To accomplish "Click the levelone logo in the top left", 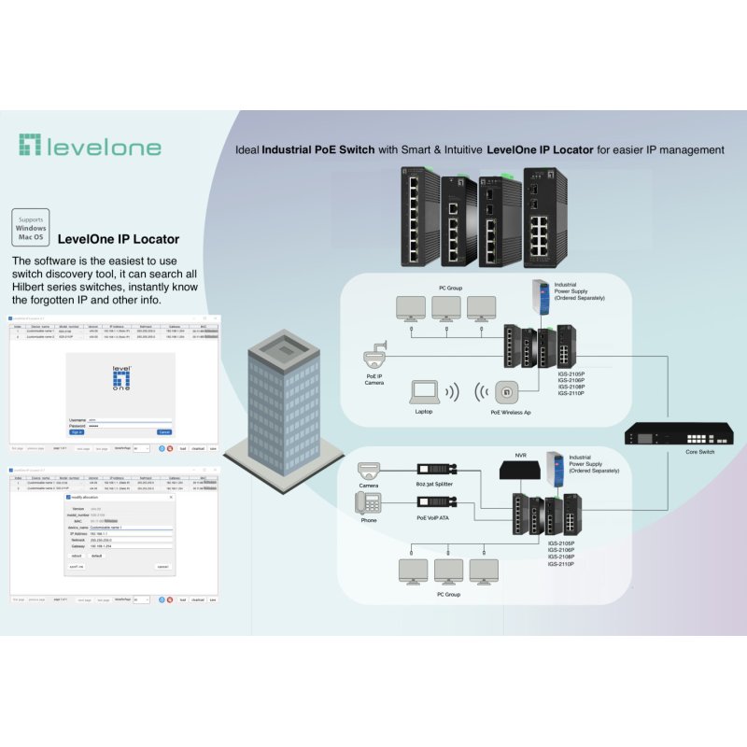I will point(90,146).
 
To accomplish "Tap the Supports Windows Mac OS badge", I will point(31,229).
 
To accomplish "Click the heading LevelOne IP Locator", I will point(119,239).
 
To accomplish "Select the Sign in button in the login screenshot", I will point(77,432).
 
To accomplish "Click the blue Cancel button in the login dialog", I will point(163,432).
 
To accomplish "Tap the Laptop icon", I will point(425,391).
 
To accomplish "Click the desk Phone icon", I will point(368,503).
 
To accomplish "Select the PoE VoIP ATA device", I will point(434,503).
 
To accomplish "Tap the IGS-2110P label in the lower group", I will point(561,565).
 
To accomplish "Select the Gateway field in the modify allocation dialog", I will point(131,546).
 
